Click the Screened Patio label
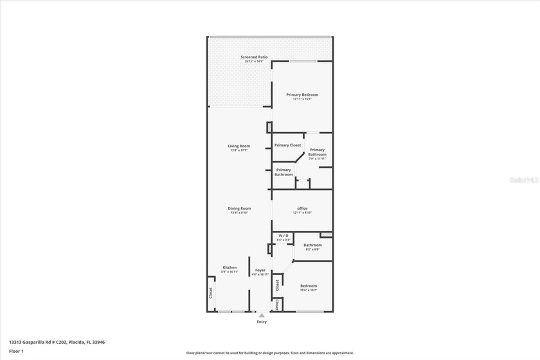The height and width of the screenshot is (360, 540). click(x=253, y=57)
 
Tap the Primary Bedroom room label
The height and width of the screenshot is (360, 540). click(x=302, y=94)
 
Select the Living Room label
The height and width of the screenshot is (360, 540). click(x=239, y=146)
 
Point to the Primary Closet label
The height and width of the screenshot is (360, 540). click(x=287, y=145)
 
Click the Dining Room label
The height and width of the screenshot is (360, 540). click(x=239, y=208)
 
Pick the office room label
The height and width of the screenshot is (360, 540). click(x=302, y=208)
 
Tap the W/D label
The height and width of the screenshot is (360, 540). click(x=283, y=236)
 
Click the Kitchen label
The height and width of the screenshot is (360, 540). click(x=230, y=267)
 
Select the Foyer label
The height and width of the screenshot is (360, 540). click(x=260, y=270)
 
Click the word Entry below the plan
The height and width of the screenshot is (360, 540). click(x=262, y=321)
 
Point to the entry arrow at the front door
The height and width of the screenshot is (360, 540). click(x=262, y=316)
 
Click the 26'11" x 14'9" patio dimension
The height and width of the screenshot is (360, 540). click(x=253, y=62)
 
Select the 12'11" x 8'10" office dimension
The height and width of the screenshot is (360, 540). click(x=302, y=213)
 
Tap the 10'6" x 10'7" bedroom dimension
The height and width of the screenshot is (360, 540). click(x=309, y=290)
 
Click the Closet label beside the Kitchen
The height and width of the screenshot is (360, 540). click(x=210, y=292)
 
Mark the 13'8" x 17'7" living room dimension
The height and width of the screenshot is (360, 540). click(x=239, y=150)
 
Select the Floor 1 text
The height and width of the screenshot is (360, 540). click(x=16, y=351)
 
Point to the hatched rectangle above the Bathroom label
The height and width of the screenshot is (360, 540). click(x=326, y=235)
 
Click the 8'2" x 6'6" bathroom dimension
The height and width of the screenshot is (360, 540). click(x=312, y=249)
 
